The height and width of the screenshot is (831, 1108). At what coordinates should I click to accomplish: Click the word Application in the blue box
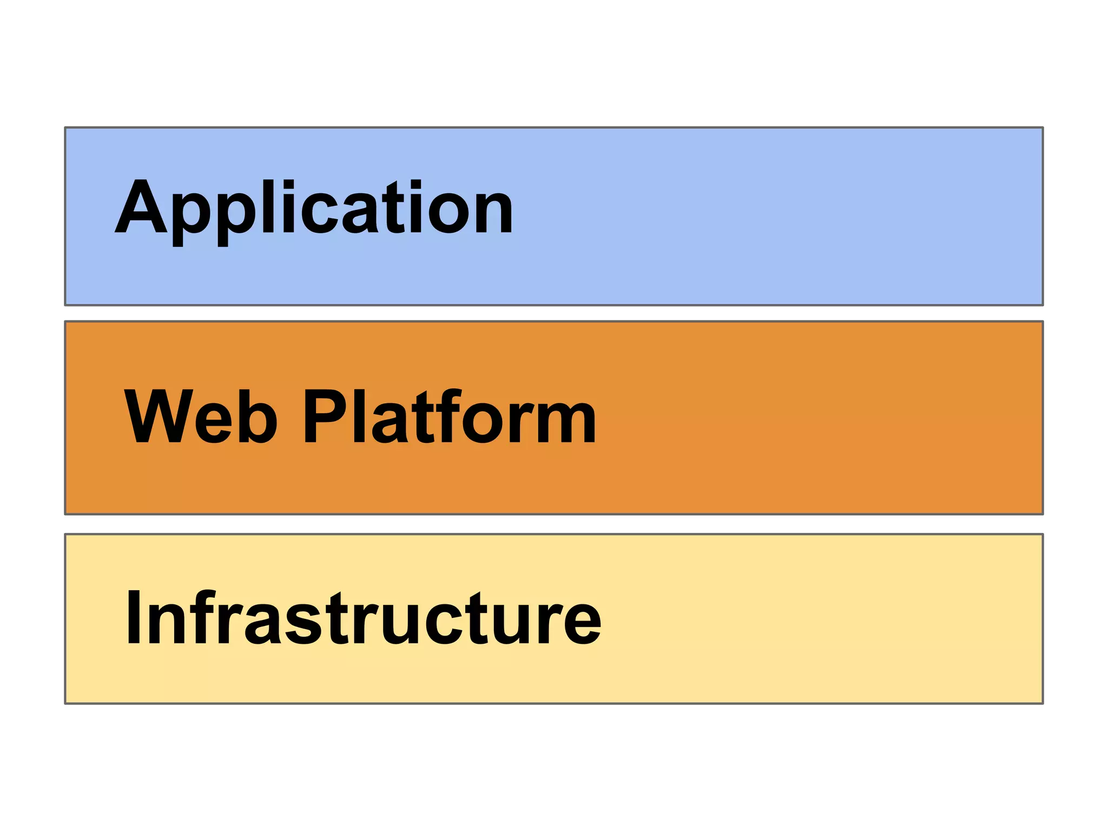pyautogui.click(x=314, y=208)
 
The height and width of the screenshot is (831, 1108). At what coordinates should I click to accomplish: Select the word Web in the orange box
pyautogui.click(x=201, y=417)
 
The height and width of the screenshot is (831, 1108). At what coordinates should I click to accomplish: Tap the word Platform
pyautogui.click(x=449, y=417)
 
